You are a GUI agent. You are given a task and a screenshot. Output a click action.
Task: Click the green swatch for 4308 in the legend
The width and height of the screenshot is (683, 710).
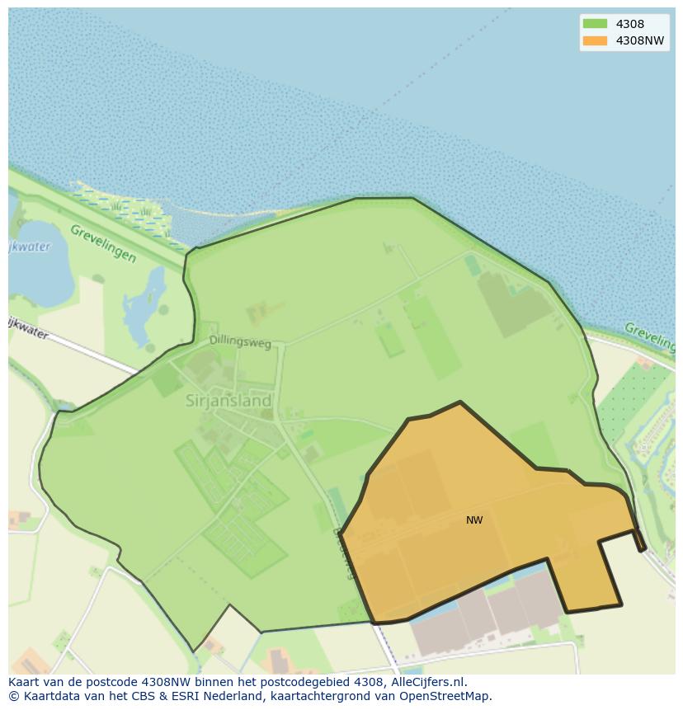click(594, 24)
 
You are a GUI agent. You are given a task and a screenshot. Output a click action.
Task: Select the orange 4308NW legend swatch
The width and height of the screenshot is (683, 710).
click(594, 40)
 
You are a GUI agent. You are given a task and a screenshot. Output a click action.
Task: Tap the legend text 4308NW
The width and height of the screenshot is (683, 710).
click(639, 40)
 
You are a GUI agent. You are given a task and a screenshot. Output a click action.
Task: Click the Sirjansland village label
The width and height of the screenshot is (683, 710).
click(228, 401)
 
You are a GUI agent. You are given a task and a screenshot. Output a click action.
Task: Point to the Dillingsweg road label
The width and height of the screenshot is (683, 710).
click(240, 341)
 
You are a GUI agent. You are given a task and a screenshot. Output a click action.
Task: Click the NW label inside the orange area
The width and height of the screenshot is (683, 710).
click(474, 520)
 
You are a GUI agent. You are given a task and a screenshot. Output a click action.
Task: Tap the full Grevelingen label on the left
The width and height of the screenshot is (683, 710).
click(103, 243)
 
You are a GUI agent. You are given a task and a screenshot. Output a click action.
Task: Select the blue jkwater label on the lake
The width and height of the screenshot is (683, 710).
click(30, 247)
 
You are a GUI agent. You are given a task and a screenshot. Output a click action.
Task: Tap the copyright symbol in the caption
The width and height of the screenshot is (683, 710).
click(13, 696)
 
